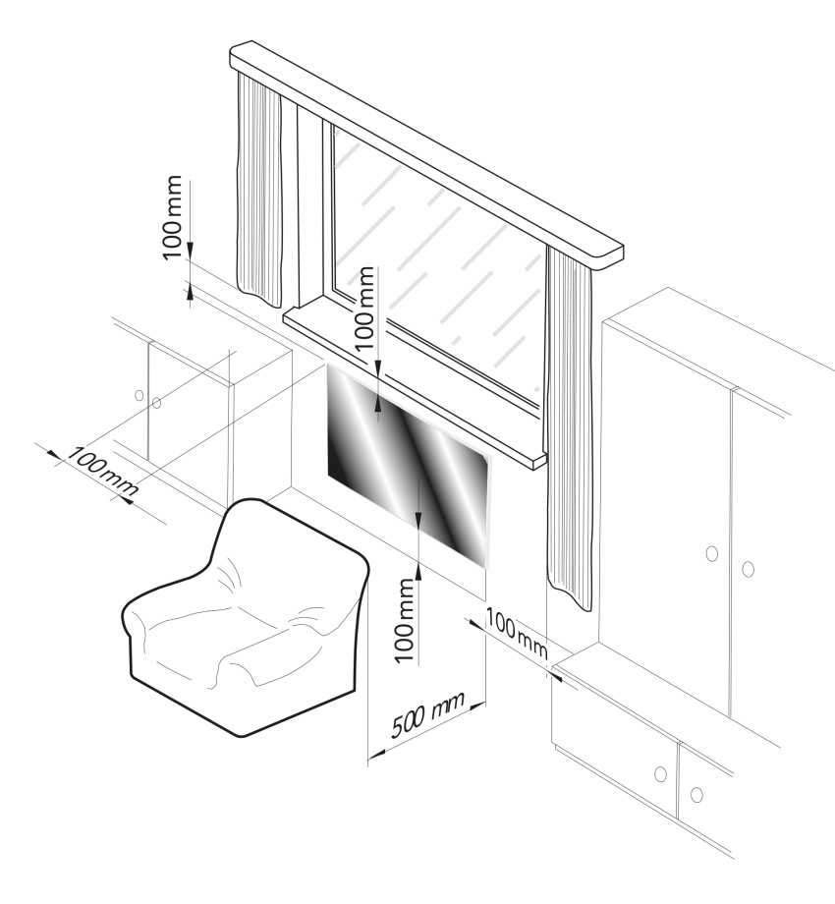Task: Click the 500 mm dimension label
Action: [427, 715]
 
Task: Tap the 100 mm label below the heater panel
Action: [406, 621]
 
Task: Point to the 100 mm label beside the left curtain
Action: [172, 217]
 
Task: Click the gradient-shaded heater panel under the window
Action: [408, 466]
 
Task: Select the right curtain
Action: [570, 426]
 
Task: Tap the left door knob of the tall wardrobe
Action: [711, 553]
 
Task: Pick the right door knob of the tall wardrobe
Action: [748, 569]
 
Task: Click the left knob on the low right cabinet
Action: [660, 773]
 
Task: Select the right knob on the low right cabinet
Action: [696, 795]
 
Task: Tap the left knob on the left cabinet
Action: [139, 395]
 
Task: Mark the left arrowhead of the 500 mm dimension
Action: [376, 754]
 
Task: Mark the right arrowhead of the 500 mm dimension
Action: [478, 705]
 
